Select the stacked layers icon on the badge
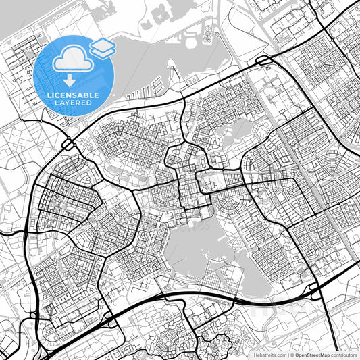tap(102, 47)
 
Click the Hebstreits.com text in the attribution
tap(268, 354)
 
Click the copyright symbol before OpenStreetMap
tap(290, 354)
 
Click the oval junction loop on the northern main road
tap(263, 61)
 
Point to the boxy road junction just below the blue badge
tap(68, 144)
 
